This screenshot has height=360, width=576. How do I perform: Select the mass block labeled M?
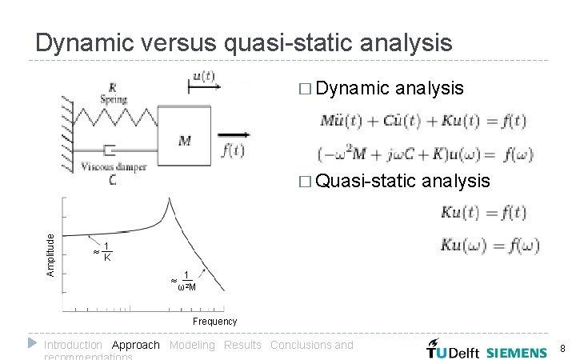(x=185, y=137)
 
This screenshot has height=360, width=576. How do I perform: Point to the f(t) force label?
(x=233, y=150)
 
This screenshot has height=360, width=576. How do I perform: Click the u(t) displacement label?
(x=204, y=77)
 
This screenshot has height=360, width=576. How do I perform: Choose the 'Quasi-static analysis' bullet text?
(x=402, y=181)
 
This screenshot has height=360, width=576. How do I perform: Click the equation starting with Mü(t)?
(x=422, y=122)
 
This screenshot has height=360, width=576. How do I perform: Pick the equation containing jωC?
(x=422, y=154)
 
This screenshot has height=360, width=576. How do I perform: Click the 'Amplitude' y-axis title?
(x=51, y=255)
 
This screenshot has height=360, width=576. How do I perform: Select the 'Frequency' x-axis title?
(x=214, y=322)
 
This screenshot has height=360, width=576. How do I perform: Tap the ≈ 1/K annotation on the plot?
(x=102, y=252)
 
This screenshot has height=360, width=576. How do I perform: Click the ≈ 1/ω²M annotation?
(x=184, y=280)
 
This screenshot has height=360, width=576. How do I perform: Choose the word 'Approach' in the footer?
(x=135, y=345)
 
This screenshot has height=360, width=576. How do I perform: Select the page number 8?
(x=562, y=349)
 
